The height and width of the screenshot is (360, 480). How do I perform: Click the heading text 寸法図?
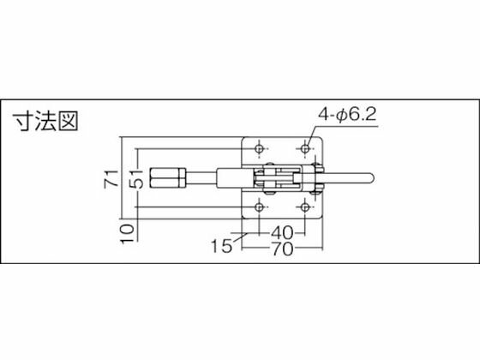pyautogui.click(x=45, y=122)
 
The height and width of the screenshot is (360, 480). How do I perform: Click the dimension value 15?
pyautogui.click(x=221, y=247)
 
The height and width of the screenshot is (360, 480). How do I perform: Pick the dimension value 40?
pyautogui.click(x=284, y=232)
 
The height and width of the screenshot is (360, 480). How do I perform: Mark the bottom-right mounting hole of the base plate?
pyautogui.click(x=305, y=209)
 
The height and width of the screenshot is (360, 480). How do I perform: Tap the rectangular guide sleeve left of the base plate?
pyautogui.click(x=231, y=178)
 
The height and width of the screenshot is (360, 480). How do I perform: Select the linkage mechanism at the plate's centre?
pyautogui.click(x=279, y=179)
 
